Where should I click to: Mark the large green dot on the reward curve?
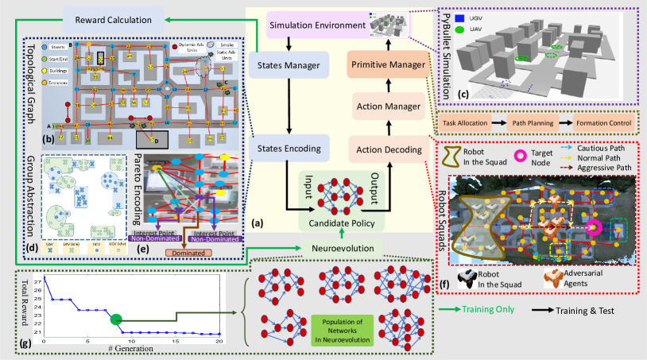click(116, 319)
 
